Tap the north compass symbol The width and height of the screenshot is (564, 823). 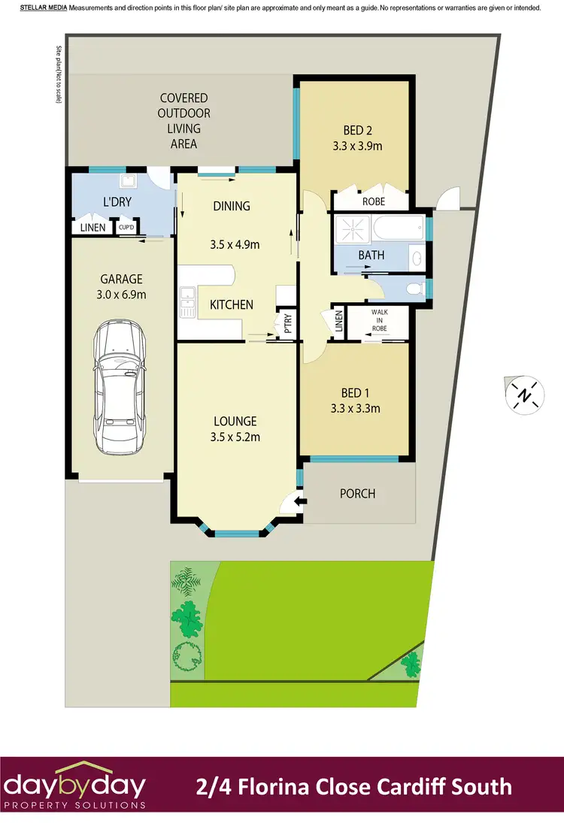point(523,393)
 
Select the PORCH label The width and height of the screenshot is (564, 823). point(357,494)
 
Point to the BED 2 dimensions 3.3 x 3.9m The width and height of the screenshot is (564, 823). point(358,146)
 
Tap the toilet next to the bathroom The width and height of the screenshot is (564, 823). point(411,289)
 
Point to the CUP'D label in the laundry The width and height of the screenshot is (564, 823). point(125,228)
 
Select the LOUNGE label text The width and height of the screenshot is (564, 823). point(235,422)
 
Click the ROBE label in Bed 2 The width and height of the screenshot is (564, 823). point(373,201)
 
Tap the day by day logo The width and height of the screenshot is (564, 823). point(73,787)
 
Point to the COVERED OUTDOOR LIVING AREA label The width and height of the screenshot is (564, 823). point(183,120)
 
